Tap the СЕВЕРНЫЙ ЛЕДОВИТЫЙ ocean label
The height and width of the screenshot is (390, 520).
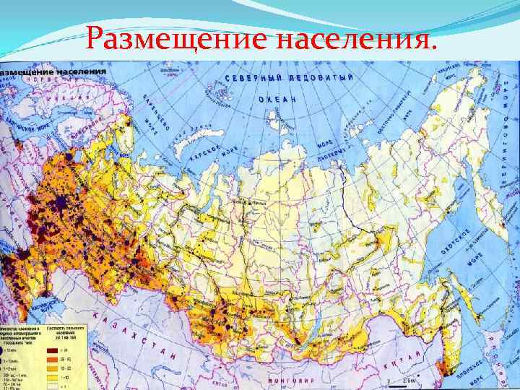pyautogui.click(x=289, y=78)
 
